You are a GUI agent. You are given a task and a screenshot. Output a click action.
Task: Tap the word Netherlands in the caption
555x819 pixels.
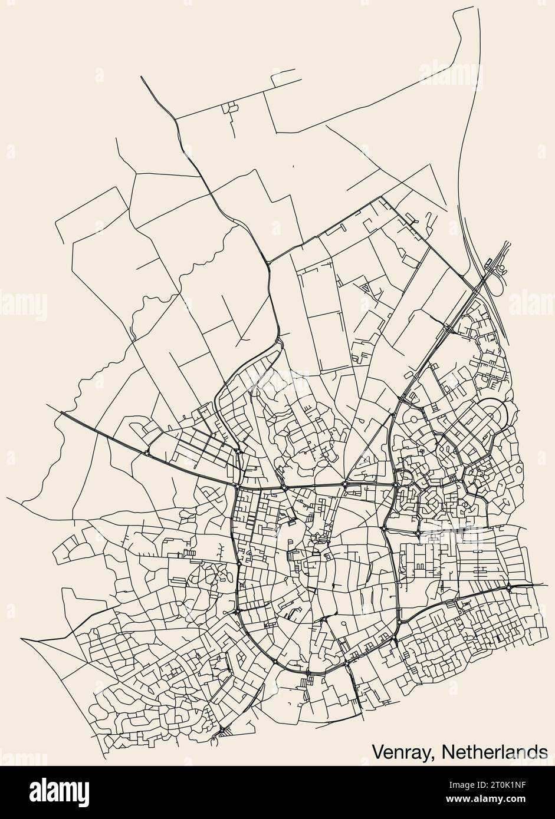(x=493, y=752)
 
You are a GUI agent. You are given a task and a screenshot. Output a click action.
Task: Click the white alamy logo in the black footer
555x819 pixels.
(x=59, y=790)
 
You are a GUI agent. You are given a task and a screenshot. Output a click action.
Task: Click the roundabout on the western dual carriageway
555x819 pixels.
(x=146, y=453)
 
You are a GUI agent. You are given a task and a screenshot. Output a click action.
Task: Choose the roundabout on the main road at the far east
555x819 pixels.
(x=508, y=587)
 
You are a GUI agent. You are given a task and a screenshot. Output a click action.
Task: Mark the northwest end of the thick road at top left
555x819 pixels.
(x=142, y=77)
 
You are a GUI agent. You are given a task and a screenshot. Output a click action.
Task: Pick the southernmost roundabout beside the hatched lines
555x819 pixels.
(x=222, y=731)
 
